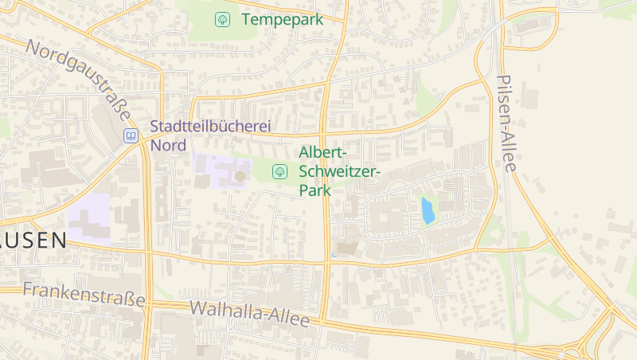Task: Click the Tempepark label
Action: click(282, 19)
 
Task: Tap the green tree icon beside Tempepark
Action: click(223, 19)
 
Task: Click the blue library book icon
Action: click(130, 136)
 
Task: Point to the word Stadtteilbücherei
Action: click(211, 127)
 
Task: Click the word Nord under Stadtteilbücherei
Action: click(167, 146)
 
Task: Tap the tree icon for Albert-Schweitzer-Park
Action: click(279, 171)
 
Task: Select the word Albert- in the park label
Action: click(322, 152)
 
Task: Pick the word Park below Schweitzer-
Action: click(315, 190)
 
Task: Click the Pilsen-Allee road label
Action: click(506, 123)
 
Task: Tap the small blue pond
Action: click(428, 211)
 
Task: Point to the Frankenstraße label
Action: click(84, 295)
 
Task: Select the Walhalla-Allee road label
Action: click(249, 314)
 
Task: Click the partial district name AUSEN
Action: click(32, 241)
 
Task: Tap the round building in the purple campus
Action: click(240, 175)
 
